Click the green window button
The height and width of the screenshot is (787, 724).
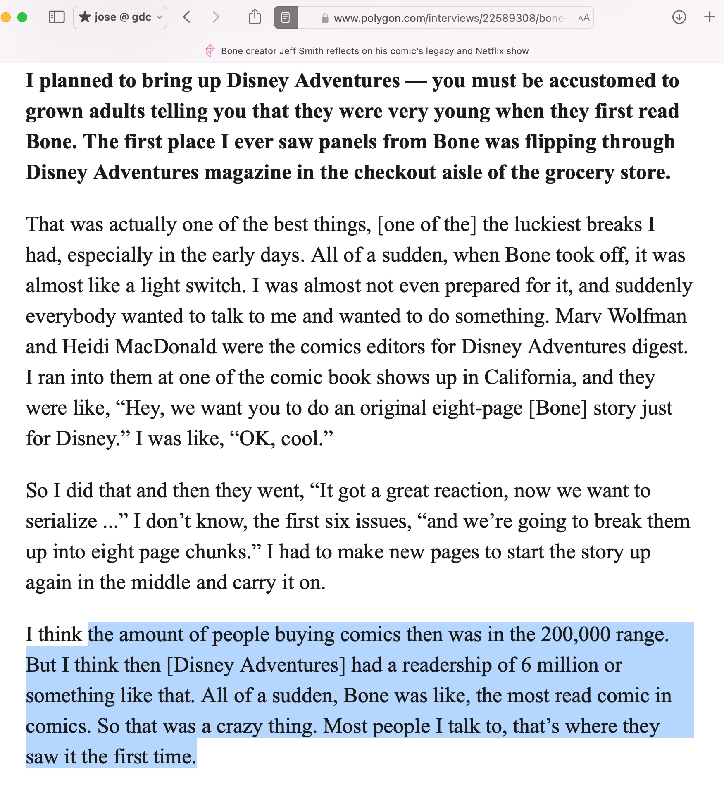point(22,17)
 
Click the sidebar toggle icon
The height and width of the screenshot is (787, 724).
point(57,17)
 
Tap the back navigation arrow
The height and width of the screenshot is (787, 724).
point(187,17)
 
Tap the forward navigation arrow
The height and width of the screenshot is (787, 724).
point(216,17)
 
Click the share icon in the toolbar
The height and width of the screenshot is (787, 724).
point(255,17)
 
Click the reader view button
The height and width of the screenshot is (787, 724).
point(286,17)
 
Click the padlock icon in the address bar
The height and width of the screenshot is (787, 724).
point(325,18)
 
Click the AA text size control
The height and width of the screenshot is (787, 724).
point(583,18)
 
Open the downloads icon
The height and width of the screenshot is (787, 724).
point(679,17)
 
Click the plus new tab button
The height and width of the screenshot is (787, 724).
point(710,17)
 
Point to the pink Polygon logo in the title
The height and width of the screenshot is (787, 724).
point(210,51)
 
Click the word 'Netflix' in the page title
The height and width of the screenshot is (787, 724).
point(490,51)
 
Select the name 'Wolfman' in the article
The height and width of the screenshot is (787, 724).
point(647,316)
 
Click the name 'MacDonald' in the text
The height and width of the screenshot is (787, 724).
point(165,347)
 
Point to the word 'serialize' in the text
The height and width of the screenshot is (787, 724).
point(62,521)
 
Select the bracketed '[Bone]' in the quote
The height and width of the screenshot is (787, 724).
point(558,408)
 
